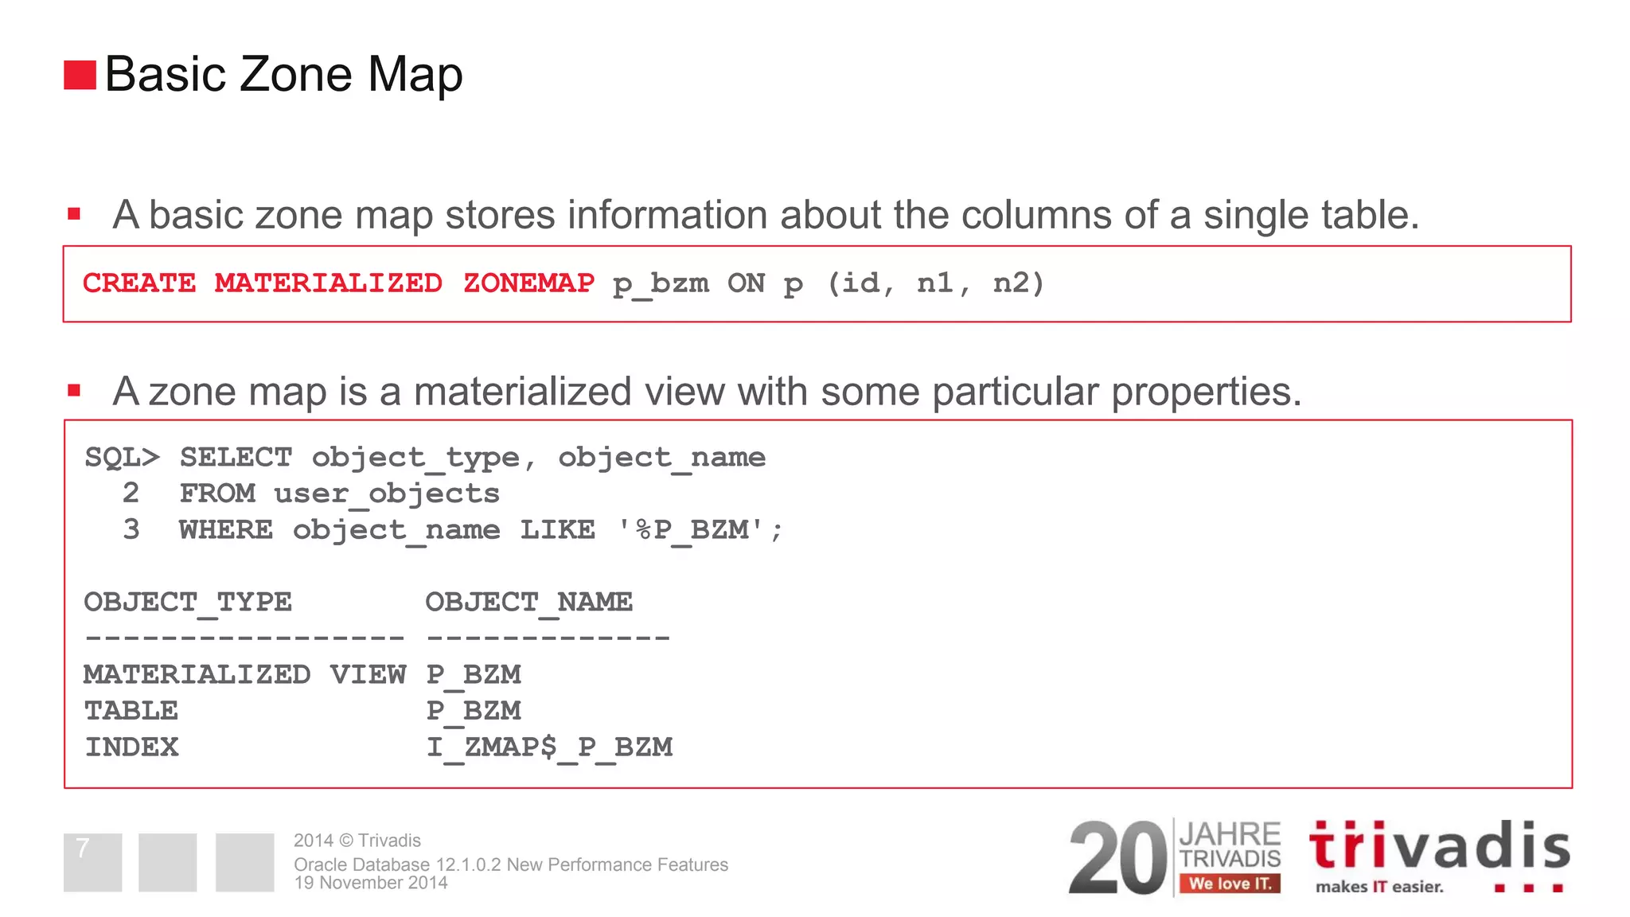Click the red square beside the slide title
point(80,75)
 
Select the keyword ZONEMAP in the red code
point(528,283)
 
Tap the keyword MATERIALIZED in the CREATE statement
point(328,283)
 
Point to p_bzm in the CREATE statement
point(661,284)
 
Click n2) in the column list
point(1018,283)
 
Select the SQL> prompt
point(123,458)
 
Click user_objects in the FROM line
point(387,494)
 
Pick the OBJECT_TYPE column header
point(188,603)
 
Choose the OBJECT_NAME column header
point(529,603)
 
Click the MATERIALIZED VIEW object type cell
point(244,675)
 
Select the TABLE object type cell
point(131,711)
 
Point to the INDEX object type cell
point(132,747)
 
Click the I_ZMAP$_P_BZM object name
point(550,747)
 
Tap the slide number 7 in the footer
point(83,849)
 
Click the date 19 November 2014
point(371,883)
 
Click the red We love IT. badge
point(1230,884)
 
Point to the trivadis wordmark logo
point(1439,846)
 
